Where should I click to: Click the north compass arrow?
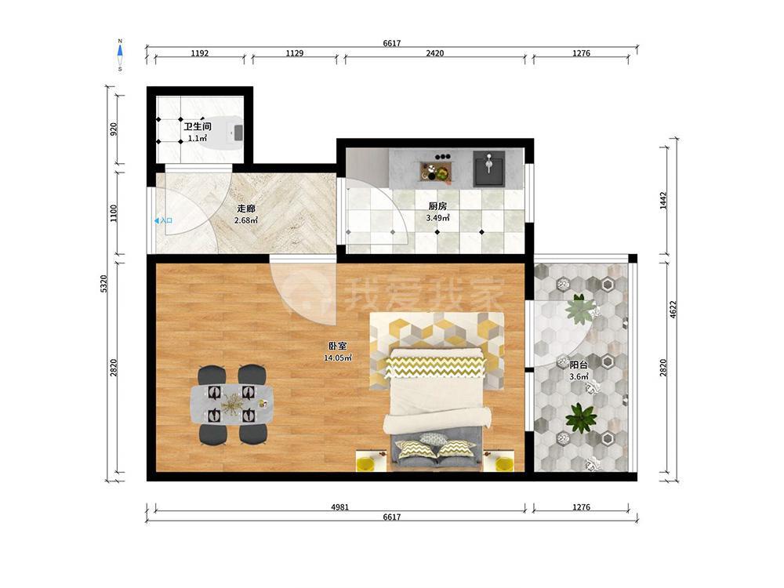point(120,51)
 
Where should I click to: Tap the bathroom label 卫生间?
point(198,126)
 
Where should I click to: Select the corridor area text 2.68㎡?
point(246,220)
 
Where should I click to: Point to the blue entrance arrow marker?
point(157,220)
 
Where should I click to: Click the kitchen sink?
point(489,169)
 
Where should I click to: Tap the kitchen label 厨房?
point(437,206)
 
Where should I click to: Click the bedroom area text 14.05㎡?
point(337,358)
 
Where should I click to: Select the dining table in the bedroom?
point(233,405)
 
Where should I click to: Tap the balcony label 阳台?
point(579,365)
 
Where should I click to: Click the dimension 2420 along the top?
point(434,53)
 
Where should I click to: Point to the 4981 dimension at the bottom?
point(340,507)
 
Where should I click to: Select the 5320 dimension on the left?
point(103,284)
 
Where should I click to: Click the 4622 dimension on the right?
point(673,310)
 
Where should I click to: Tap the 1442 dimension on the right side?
point(663,201)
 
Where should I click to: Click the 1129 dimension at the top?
point(295,53)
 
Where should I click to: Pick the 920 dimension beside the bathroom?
point(114,129)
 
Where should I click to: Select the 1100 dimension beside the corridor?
point(114,213)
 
